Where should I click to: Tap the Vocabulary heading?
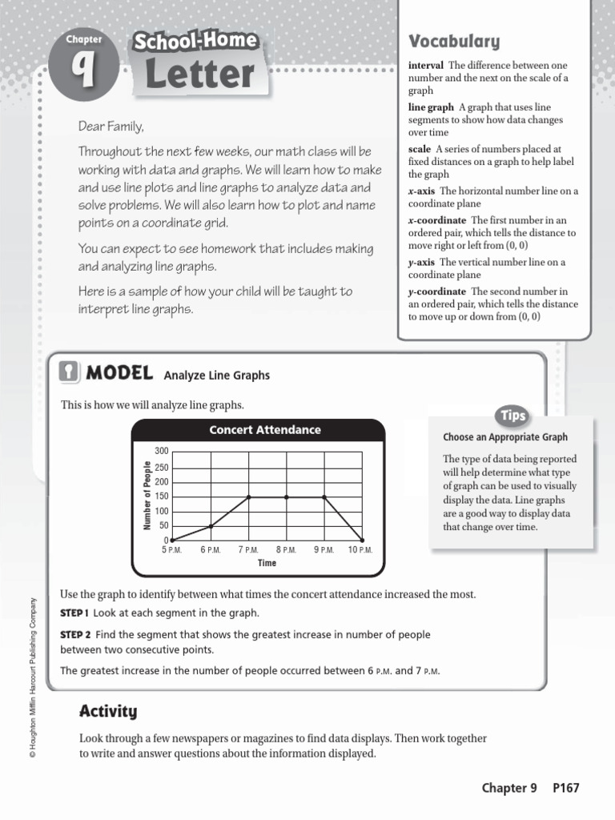[x=454, y=42]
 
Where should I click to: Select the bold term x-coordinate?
[x=437, y=220]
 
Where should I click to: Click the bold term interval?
[x=425, y=66]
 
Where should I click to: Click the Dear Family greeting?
[x=111, y=127]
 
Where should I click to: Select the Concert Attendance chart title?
[x=264, y=430]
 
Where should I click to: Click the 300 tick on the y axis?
[x=162, y=452]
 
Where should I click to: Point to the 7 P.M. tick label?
[x=247, y=550]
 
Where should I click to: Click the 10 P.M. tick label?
[x=361, y=550]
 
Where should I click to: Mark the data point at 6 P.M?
[x=211, y=526]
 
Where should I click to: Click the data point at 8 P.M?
[x=287, y=497]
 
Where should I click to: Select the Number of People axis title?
[x=147, y=496]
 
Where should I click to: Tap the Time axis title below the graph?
[x=267, y=563]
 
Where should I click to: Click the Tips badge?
[x=512, y=415]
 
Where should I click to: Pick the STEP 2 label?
[x=75, y=634]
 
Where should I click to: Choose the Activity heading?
[x=108, y=711]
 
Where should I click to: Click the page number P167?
[x=565, y=788]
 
